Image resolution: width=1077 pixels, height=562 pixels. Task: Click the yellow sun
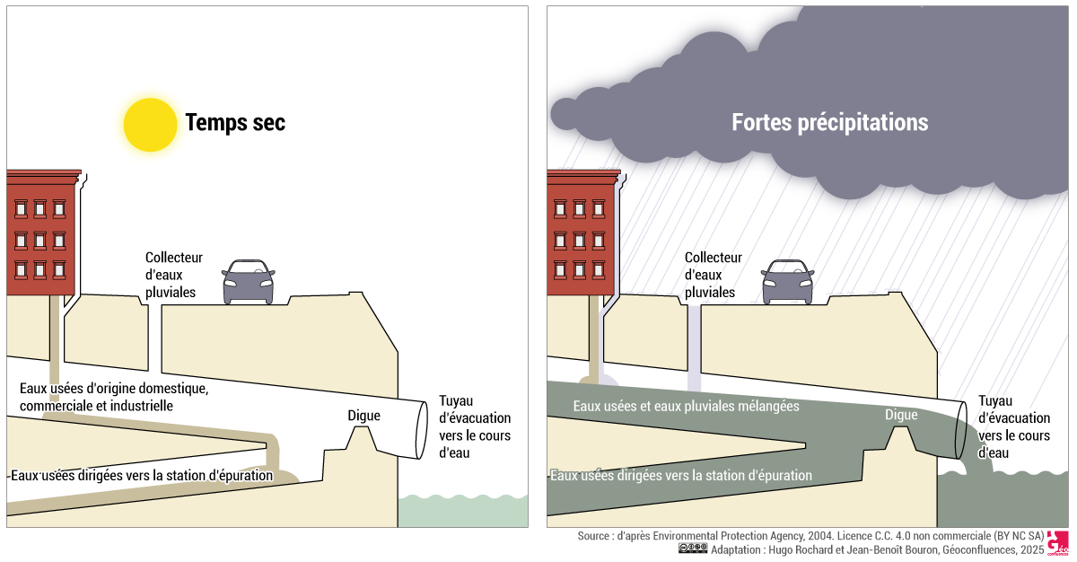pyautogui.click(x=151, y=124)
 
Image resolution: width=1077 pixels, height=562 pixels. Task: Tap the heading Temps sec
pyautogui.click(x=235, y=123)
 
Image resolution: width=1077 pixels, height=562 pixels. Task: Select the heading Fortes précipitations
pyautogui.click(x=829, y=122)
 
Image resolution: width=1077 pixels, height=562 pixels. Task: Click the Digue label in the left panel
pyautogui.click(x=363, y=416)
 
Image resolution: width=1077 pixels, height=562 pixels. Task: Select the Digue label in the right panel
pyautogui.click(x=901, y=415)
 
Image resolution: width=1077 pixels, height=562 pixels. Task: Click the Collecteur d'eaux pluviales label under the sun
pyautogui.click(x=174, y=275)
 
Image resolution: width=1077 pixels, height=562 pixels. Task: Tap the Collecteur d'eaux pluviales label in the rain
pyautogui.click(x=714, y=275)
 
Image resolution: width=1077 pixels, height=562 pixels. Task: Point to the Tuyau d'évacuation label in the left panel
pyautogui.click(x=474, y=427)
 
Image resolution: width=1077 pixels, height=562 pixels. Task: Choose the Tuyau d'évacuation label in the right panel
pyautogui.click(x=1013, y=427)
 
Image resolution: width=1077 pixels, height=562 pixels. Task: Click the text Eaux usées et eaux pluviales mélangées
pyautogui.click(x=686, y=407)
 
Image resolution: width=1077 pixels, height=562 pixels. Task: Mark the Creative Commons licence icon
pyautogui.click(x=693, y=549)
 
